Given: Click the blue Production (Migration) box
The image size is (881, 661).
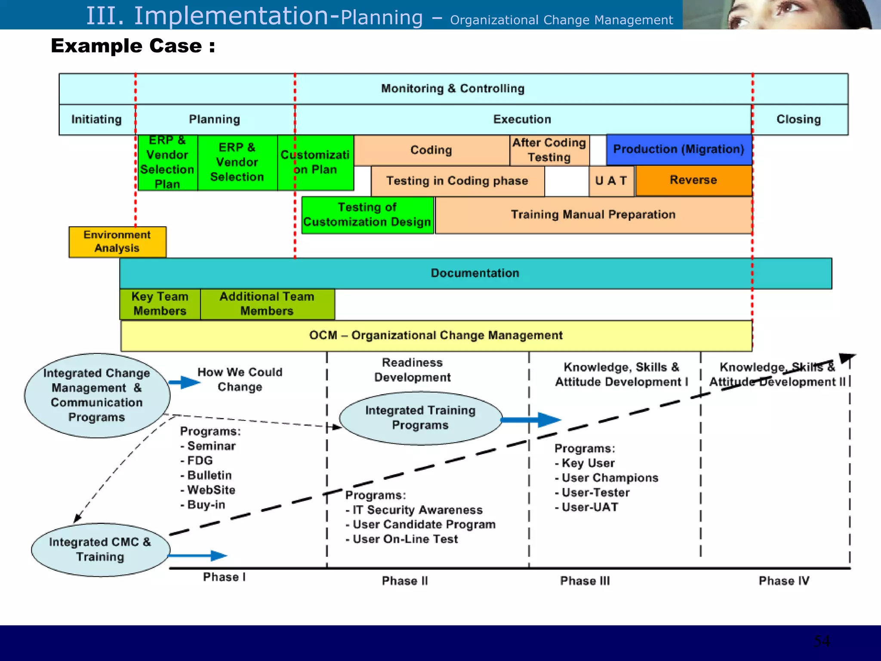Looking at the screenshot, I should pos(679,149).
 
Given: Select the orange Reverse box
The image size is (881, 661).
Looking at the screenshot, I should pos(693,180).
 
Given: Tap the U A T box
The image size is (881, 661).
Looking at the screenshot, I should pos(611,181).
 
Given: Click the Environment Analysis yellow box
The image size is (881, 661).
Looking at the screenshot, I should pos(117,242).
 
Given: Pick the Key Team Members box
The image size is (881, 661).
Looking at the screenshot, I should pos(160,304).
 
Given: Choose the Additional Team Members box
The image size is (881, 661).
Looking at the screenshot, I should pos(267,304).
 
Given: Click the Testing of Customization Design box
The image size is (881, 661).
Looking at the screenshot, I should pos(367,215).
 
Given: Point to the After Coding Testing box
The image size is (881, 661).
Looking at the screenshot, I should pos(549,150).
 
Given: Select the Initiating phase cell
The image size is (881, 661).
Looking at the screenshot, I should pos(97,119).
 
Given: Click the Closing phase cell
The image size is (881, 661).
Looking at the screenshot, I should pos(799,119).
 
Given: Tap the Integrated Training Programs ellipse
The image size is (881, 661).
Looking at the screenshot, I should pos(420,418).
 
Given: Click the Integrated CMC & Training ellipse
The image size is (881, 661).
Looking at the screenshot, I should pos(100,550).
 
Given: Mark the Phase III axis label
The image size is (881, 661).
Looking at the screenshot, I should pos(585,581).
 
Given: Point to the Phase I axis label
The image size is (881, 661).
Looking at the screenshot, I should pos(224,577).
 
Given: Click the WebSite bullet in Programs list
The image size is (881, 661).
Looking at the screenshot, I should pos(211,490).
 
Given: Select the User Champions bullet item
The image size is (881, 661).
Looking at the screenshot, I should pos(610,478).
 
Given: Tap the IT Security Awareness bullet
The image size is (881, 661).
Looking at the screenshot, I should pos(417,510).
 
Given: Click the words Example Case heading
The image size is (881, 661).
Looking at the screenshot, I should pos(132,46).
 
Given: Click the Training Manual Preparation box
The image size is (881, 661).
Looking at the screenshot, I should pos(593,215).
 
